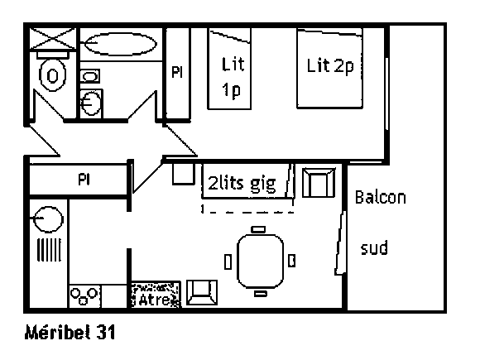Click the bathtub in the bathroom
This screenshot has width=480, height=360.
120,44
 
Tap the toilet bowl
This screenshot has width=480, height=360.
52,75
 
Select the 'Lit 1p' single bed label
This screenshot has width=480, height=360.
233,77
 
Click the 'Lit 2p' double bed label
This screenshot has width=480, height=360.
330,66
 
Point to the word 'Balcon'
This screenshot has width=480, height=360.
381,198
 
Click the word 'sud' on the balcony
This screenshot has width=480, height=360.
374,247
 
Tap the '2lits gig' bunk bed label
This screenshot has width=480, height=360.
242,184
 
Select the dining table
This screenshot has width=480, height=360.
260,262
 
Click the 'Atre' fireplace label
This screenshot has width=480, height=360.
154,300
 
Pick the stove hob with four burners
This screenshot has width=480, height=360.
84,296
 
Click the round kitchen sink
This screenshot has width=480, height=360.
48,219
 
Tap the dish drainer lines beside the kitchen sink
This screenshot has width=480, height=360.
49,250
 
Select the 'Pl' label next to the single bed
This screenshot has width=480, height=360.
177,72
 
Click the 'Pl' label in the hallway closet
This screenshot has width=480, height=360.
84,180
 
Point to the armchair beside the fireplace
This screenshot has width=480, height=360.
202,292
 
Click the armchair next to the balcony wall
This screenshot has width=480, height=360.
319,182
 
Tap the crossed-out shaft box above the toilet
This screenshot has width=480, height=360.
53,39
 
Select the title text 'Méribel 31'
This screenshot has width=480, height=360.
70,332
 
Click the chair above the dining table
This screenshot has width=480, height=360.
258,229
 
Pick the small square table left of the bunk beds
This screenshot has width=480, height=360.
184,174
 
